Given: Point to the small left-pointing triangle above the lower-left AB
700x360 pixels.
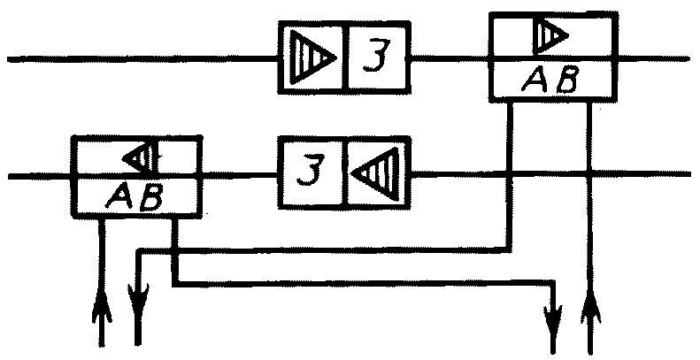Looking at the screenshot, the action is point(140,157).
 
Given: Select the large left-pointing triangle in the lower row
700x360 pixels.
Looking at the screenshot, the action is point(377,172).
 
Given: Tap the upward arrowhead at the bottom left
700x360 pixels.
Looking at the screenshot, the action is point(102,309).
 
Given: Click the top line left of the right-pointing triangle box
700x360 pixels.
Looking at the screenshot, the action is point(142,60).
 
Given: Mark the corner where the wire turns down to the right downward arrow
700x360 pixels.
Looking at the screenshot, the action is point(555,284).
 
